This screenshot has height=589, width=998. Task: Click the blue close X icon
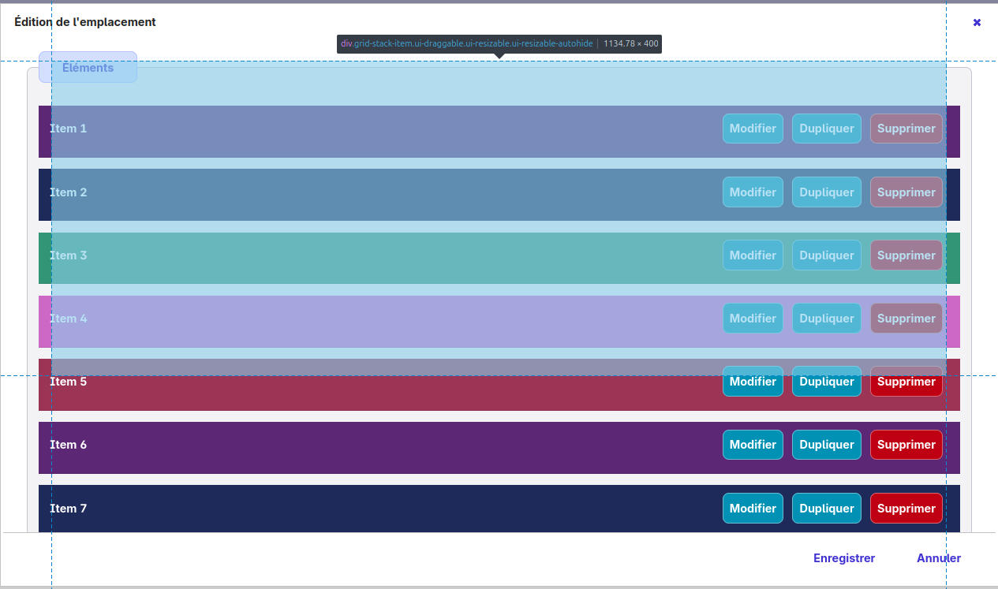click(977, 22)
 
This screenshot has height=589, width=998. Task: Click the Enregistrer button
click(844, 557)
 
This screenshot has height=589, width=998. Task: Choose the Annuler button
click(938, 557)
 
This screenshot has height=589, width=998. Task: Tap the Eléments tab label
click(88, 67)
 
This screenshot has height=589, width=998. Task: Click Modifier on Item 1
click(753, 129)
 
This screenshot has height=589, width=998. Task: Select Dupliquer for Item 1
click(827, 129)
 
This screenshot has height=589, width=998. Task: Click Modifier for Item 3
click(753, 255)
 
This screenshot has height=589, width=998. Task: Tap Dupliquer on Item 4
click(827, 319)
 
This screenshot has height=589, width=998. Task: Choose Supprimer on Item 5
click(906, 382)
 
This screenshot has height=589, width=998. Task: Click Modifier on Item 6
click(753, 445)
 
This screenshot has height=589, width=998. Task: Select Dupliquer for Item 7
click(827, 508)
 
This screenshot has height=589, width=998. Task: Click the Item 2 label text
click(68, 192)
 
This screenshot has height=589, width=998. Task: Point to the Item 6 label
click(68, 445)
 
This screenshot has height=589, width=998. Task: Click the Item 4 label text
click(68, 319)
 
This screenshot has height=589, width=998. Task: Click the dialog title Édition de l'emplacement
click(84, 22)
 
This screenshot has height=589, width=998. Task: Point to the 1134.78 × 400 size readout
click(630, 43)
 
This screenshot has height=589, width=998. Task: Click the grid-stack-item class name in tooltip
click(466, 43)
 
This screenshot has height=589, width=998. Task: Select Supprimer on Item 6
click(906, 445)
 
